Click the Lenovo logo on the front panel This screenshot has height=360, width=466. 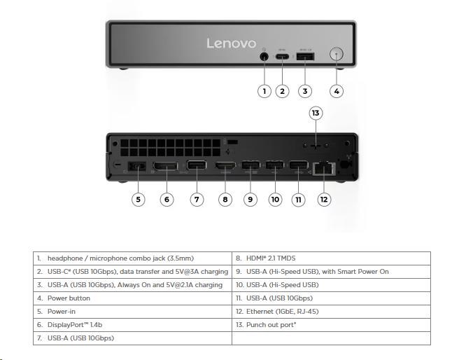pos(231,43)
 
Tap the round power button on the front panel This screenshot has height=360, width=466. pos(337,55)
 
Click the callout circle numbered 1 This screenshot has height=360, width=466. pos(264,90)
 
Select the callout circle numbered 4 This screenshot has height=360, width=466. pos(337,90)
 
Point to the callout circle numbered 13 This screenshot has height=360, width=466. pos(316,113)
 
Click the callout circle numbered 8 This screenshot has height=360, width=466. pos(225,200)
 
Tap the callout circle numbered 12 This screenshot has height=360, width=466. pos(323,200)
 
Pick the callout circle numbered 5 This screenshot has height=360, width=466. pos(139,200)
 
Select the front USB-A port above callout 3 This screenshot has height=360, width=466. pos(305,57)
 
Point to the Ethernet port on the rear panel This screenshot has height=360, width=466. pos(324,168)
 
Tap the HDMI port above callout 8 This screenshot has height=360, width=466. pos(225,167)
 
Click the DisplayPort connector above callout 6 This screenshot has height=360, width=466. pos(165,167)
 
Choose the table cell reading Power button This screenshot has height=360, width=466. pos(133,298)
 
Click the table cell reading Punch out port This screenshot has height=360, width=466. pos(331,325)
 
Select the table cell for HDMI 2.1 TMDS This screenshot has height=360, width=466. pos(331,258)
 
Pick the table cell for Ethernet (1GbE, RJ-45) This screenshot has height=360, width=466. pos(331,312)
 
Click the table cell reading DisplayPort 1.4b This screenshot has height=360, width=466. pos(133,325)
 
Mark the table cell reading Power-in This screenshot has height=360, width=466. pos(133,312)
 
